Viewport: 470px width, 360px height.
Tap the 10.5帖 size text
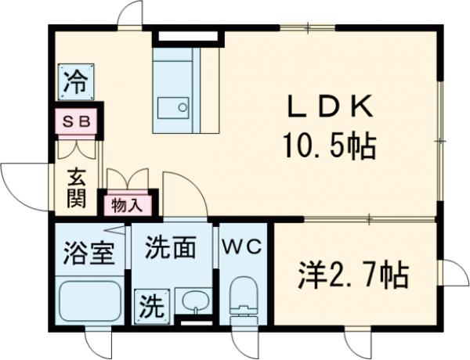point(327,145)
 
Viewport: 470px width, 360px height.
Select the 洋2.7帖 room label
point(352,275)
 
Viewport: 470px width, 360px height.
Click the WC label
point(243,246)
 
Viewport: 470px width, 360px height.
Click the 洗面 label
point(170,249)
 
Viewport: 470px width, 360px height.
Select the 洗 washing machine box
point(148,305)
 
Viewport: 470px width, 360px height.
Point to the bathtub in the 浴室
point(89,300)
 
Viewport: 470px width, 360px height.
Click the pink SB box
point(75,123)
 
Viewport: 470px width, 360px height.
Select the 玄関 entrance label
point(75,189)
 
